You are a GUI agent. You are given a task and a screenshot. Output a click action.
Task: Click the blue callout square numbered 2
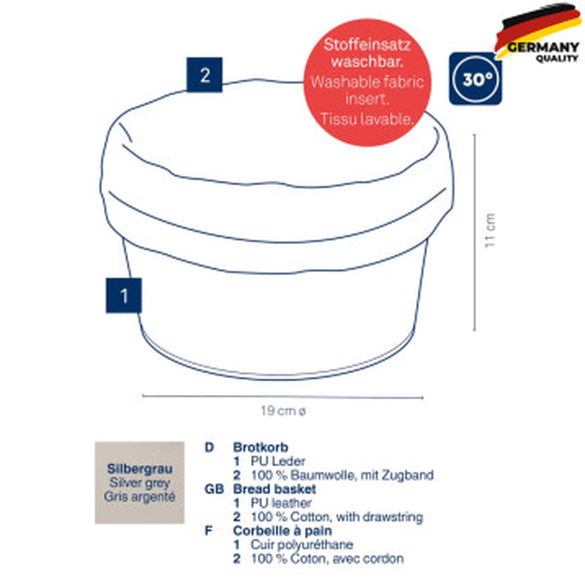pos(204,75)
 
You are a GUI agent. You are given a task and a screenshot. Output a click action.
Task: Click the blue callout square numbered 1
pos(124,295)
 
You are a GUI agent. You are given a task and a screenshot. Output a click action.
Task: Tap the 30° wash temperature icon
pos(475,79)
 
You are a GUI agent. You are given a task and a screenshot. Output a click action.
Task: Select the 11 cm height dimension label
pos(490,230)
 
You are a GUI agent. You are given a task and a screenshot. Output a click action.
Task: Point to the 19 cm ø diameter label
pos(283,411)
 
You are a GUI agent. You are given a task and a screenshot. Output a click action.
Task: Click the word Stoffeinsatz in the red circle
pos(367,45)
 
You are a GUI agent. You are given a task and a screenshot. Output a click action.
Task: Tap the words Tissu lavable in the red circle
pos(367,119)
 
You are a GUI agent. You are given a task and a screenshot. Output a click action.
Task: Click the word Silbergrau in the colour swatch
pos(140,469)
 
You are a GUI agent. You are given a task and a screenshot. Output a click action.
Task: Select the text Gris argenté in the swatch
pos(140,497)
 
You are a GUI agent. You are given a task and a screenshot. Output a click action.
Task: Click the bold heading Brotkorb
pos(261,447)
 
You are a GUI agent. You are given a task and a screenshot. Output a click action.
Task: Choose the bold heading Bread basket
pos(274,488)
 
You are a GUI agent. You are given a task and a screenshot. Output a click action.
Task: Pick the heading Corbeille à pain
pos(283,531)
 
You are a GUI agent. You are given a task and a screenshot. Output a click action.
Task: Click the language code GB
pos(214,488)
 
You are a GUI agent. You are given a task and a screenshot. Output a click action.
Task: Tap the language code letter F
pos(209,531)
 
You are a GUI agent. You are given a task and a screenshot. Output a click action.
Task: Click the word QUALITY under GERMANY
pos(557,58)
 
